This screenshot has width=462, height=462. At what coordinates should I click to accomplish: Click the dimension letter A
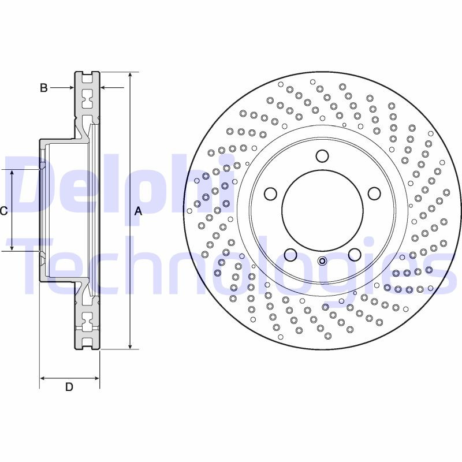(138, 211)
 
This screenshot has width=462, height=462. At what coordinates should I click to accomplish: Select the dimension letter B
(43, 88)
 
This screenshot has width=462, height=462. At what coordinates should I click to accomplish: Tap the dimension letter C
(3, 211)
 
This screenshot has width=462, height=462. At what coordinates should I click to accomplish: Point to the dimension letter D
(69, 388)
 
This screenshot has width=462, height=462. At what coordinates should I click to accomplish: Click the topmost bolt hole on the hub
(322, 156)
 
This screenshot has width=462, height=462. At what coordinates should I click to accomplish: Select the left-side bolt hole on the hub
(270, 193)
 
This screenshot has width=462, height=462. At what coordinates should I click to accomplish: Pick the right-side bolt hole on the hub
(374, 193)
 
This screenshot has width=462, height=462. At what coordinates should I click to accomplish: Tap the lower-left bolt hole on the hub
(290, 254)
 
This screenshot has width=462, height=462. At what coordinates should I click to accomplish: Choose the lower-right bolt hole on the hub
(354, 254)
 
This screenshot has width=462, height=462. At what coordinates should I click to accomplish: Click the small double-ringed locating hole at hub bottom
(322, 260)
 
